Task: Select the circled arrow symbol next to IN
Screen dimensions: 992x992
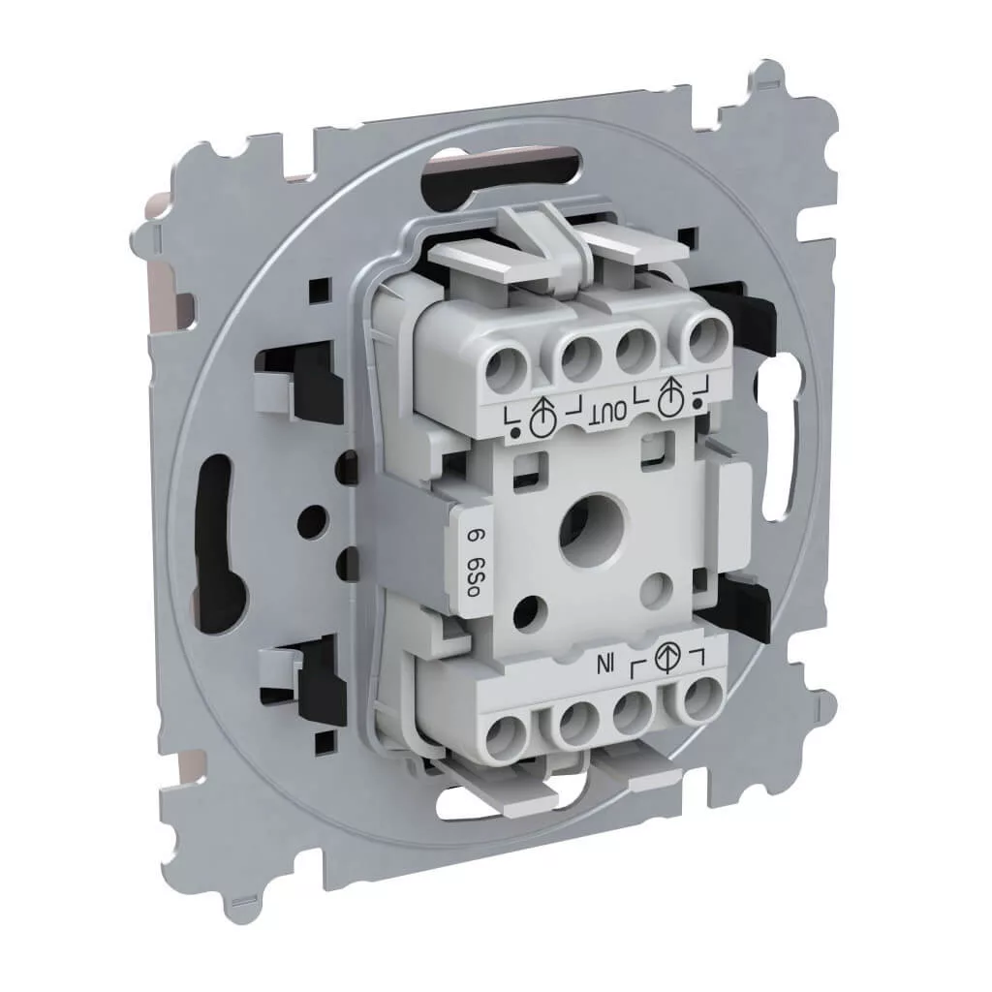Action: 665,657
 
